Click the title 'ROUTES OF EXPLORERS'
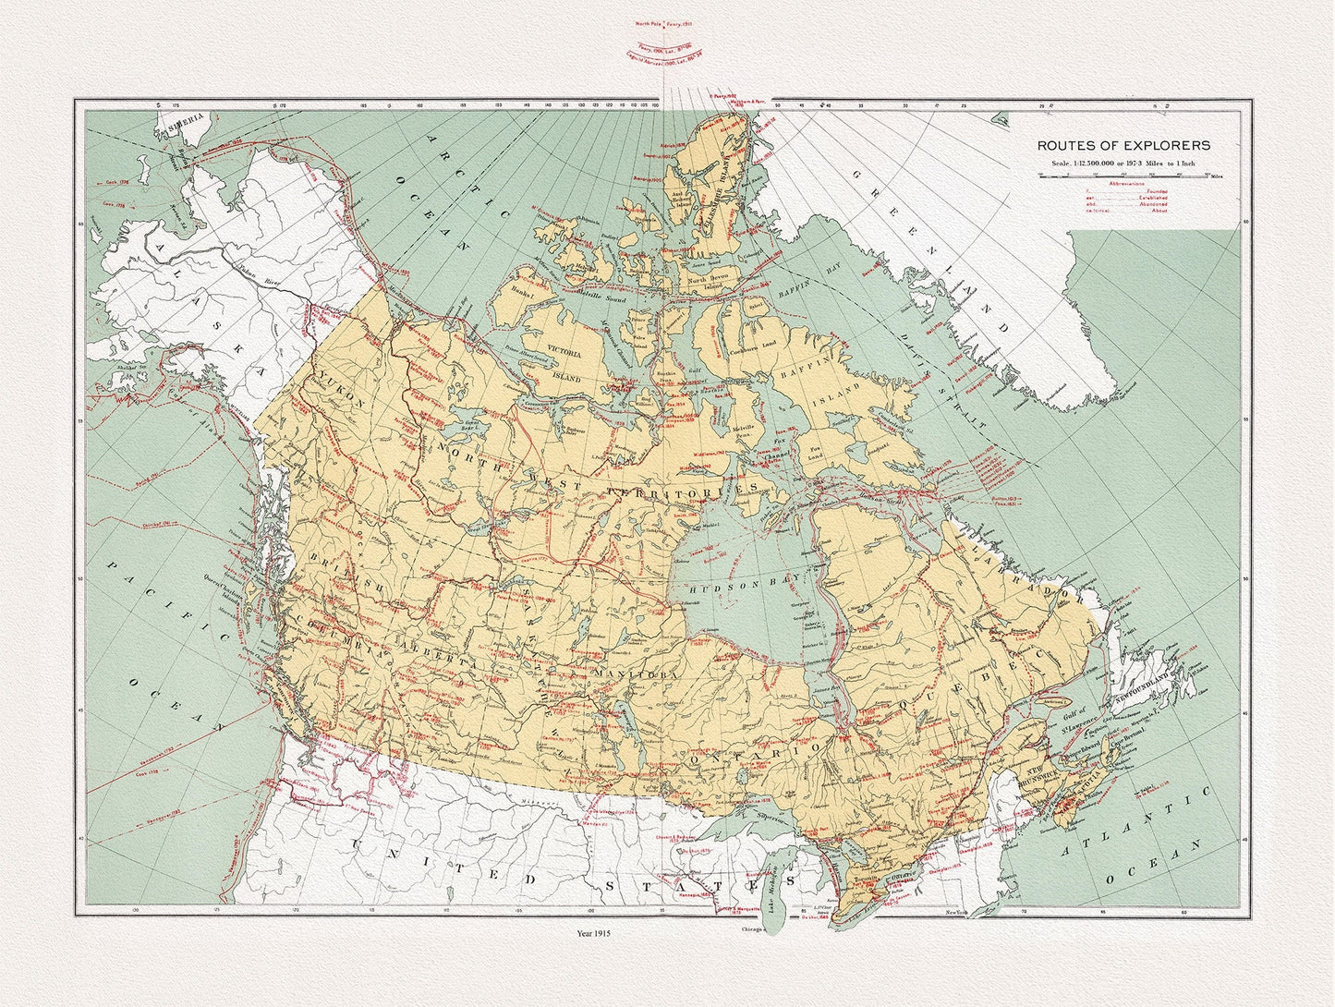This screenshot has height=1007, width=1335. pyautogui.click(x=1123, y=146)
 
